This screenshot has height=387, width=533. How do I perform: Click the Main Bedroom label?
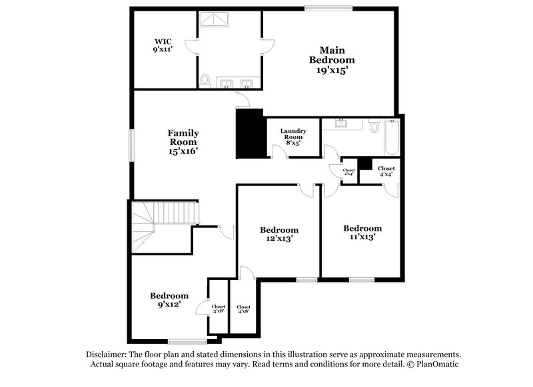tap(331, 60)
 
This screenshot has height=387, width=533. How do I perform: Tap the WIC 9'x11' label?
tap(163, 45)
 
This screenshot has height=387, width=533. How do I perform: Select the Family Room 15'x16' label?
tap(183, 142)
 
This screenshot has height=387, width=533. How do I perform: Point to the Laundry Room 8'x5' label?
tap(292, 136)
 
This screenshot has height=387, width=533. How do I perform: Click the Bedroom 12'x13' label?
tap(278, 233)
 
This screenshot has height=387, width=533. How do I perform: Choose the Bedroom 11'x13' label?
tap(362, 231)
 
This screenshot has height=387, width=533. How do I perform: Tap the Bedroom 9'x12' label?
tap(169, 300)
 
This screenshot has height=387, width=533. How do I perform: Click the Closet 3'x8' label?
tap(219, 309)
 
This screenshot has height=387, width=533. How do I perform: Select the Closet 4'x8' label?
tap(244, 309)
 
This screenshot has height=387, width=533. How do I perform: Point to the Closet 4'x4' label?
tap(386, 172)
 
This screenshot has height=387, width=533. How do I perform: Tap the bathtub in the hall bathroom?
tap(390, 140)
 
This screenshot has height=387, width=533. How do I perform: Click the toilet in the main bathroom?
tap(206, 80)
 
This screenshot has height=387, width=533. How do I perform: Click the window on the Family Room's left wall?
tap(131, 145)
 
